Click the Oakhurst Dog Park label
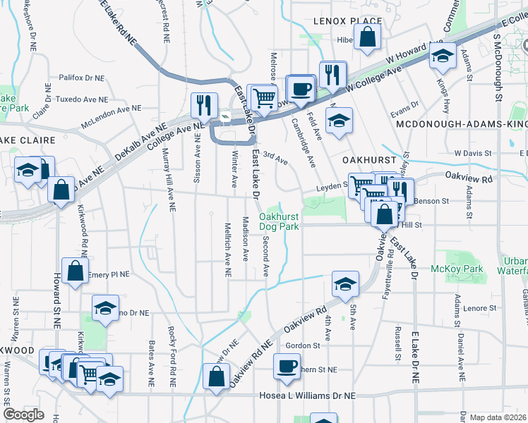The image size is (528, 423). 278,221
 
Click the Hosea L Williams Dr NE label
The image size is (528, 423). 308,396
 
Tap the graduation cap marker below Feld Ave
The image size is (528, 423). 340,120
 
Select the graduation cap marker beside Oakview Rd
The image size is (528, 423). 344,283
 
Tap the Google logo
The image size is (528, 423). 24,415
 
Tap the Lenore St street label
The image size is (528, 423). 476,308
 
